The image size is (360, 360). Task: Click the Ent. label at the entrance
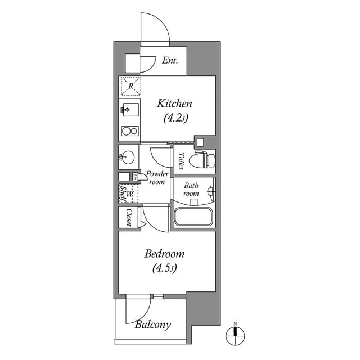click(x=170, y=61)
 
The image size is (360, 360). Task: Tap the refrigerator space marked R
click(x=130, y=86)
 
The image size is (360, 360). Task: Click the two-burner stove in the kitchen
click(x=129, y=132)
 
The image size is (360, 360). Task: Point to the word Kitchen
click(x=174, y=103)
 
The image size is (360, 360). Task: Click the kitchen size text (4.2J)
click(x=175, y=118)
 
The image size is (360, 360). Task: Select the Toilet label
click(x=181, y=160)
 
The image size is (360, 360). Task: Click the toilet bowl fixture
click(x=201, y=160)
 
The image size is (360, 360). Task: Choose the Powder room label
click(x=156, y=178)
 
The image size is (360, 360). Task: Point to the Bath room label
click(x=191, y=189)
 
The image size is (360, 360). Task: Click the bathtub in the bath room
click(x=193, y=217)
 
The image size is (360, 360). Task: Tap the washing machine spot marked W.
click(x=130, y=194)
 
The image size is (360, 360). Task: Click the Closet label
click(x=129, y=217)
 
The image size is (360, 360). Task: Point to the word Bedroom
click(x=164, y=254)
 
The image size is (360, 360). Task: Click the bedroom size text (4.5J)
click(x=164, y=268)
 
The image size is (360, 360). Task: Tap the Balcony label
click(x=152, y=325)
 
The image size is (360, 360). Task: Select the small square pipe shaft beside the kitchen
click(x=200, y=141)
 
